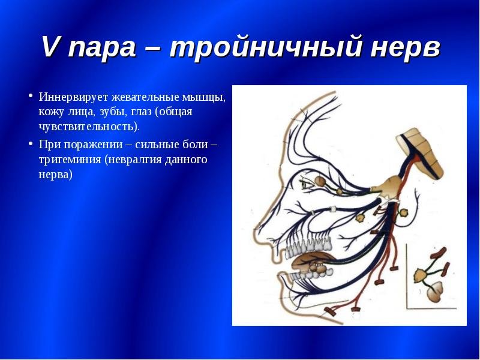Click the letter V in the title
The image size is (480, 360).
[51, 47]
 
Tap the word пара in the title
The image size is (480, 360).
[103, 48]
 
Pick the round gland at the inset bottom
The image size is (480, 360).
[434, 292]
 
